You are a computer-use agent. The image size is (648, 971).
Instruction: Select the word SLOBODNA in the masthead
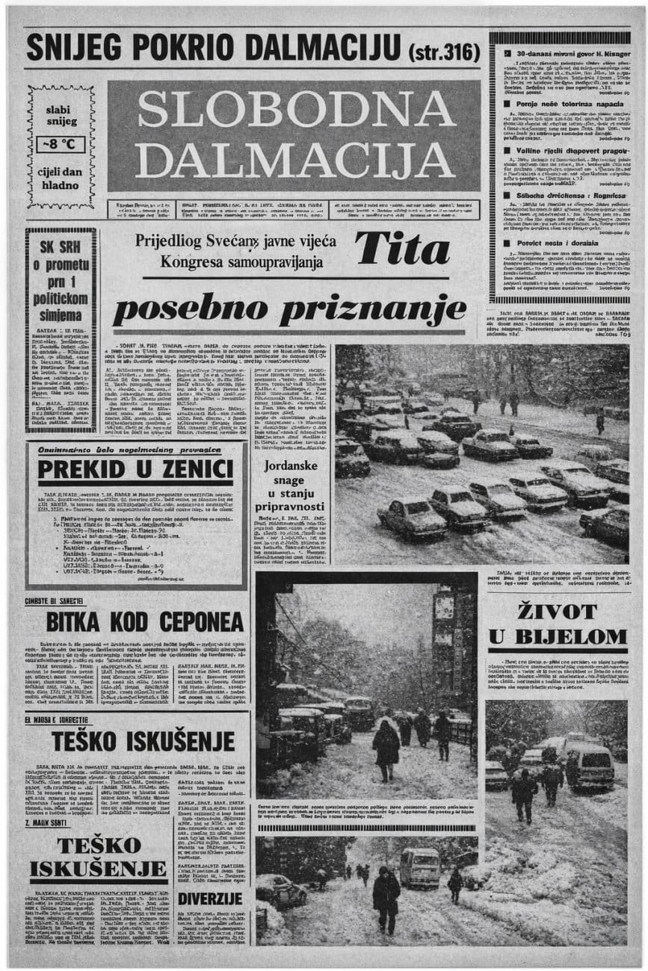pos(296,110)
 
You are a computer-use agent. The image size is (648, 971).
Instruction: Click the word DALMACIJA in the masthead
pos(296,158)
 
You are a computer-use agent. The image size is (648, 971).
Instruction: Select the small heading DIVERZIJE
pos(210,899)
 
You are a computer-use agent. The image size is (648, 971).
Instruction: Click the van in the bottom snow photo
pos(420,866)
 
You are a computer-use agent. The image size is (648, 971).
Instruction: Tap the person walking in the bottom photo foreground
pos(386,900)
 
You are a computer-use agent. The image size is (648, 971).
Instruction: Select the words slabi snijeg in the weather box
pos(61,115)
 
